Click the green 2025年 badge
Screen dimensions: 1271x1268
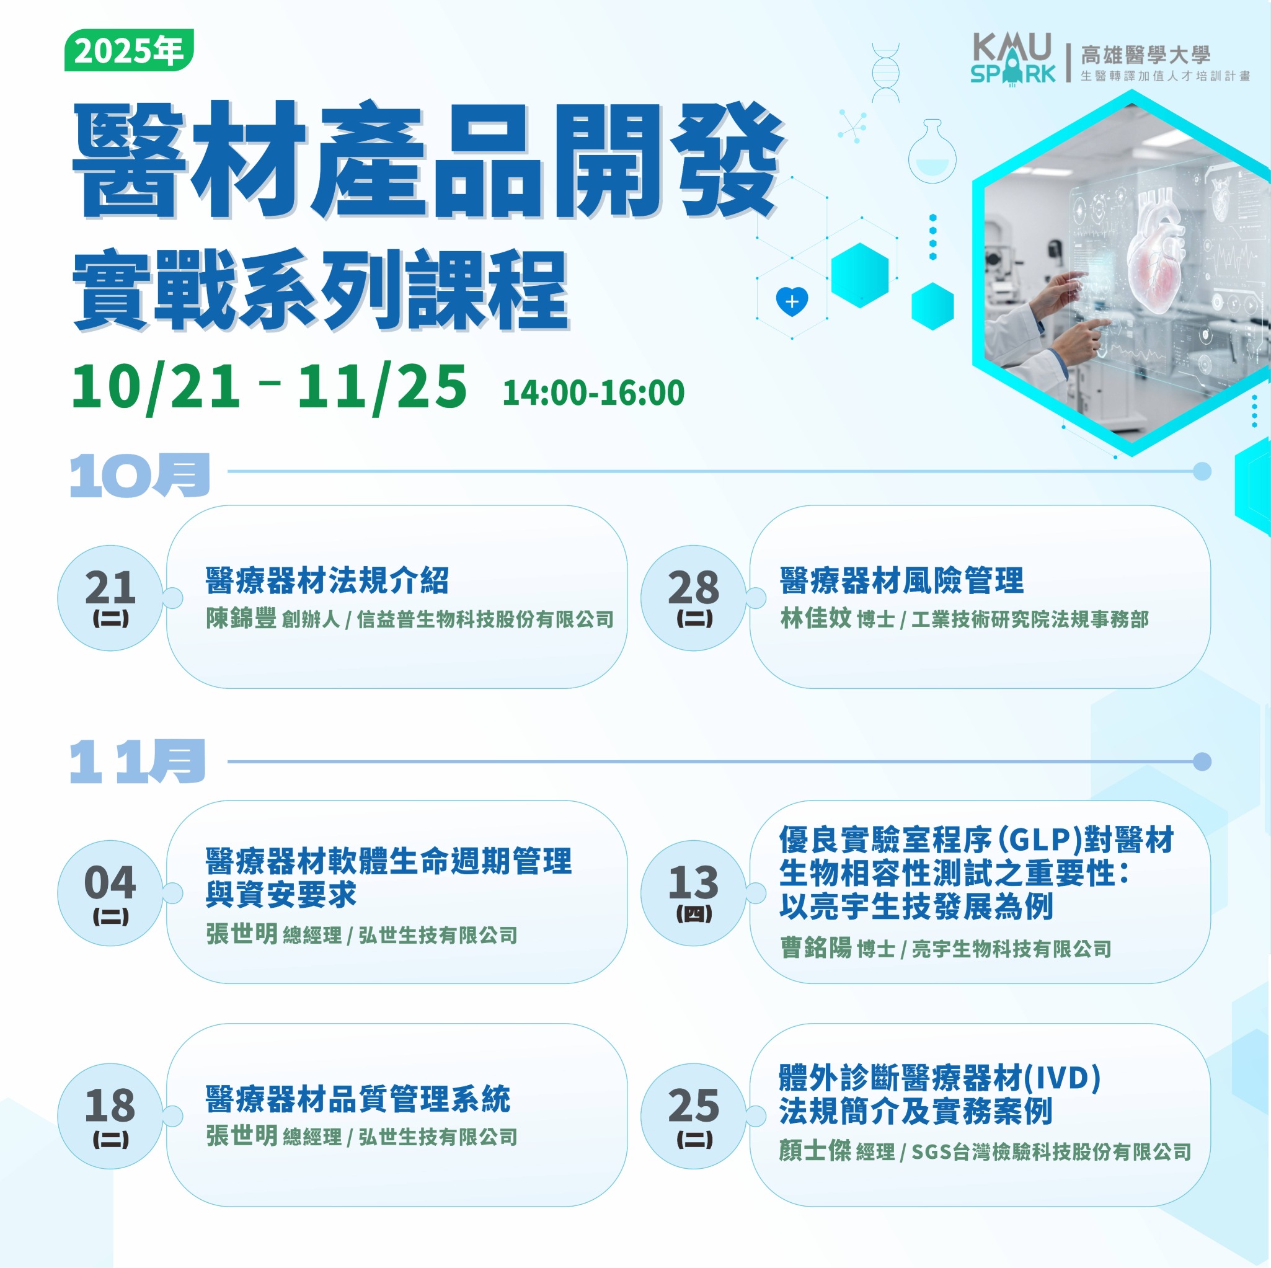pyautogui.click(x=129, y=50)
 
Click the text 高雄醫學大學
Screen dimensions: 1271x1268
pyautogui.click(x=1145, y=55)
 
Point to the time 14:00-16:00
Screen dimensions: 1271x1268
pyautogui.click(x=593, y=393)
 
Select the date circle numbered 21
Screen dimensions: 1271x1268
pyautogui.click(x=110, y=598)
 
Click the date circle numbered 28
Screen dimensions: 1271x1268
pyautogui.click(x=694, y=598)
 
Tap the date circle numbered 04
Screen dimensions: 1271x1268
pyautogui.click(x=110, y=893)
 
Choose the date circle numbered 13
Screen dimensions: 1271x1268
pyautogui.click(x=694, y=893)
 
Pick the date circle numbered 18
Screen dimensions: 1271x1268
pyautogui.click(x=110, y=1116)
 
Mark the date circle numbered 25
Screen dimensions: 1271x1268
pyautogui.click(x=694, y=1116)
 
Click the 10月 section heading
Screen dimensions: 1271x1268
pyautogui.click(x=139, y=475)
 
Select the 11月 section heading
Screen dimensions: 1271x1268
pyautogui.click(x=138, y=761)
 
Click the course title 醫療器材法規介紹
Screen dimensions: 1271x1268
pyautogui.click(x=327, y=580)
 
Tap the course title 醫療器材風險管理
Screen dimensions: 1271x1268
pyautogui.click(x=902, y=580)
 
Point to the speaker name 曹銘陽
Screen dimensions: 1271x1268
pyautogui.click(x=816, y=947)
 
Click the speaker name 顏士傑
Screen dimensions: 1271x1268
pyautogui.click(x=815, y=1150)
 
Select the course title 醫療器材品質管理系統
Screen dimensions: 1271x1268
pyautogui.click(x=358, y=1099)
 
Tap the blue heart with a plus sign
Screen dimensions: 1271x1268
pyautogui.click(x=792, y=301)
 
